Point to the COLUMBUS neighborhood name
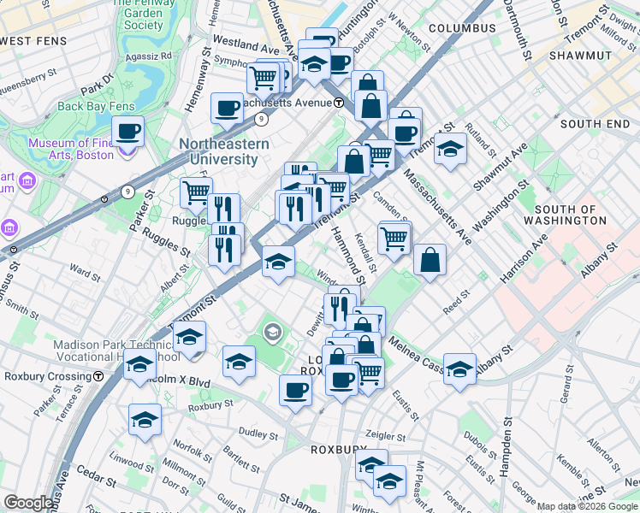tap(462, 28)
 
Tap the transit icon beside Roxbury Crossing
tap(99, 375)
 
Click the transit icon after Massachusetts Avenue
tap(339, 103)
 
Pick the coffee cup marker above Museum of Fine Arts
tap(127, 132)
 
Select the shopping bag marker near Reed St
tap(430, 260)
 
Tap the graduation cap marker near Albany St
tap(459, 369)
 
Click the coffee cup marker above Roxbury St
tap(295, 390)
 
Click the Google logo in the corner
tap(29, 503)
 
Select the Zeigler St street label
tap(383, 434)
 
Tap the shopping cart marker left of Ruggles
tap(196, 192)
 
